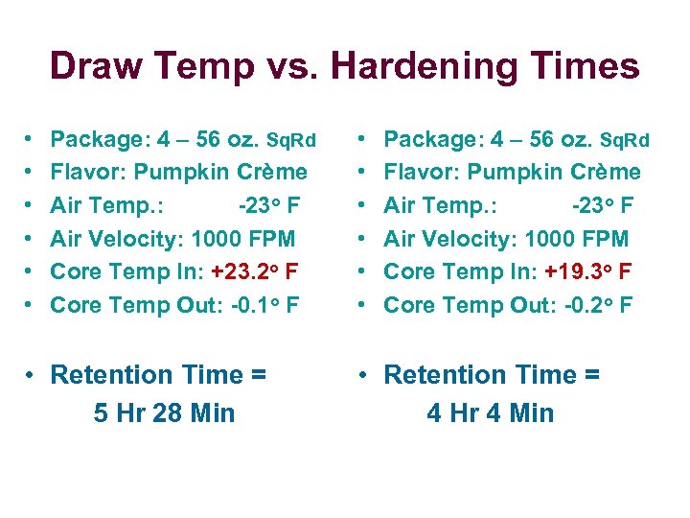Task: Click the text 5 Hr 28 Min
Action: pyautogui.click(x=164, y=413)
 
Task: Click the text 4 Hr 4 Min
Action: pyautogui.click(x=491, y=413)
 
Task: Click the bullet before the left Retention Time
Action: pyautogui.click(x=33, y=375)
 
